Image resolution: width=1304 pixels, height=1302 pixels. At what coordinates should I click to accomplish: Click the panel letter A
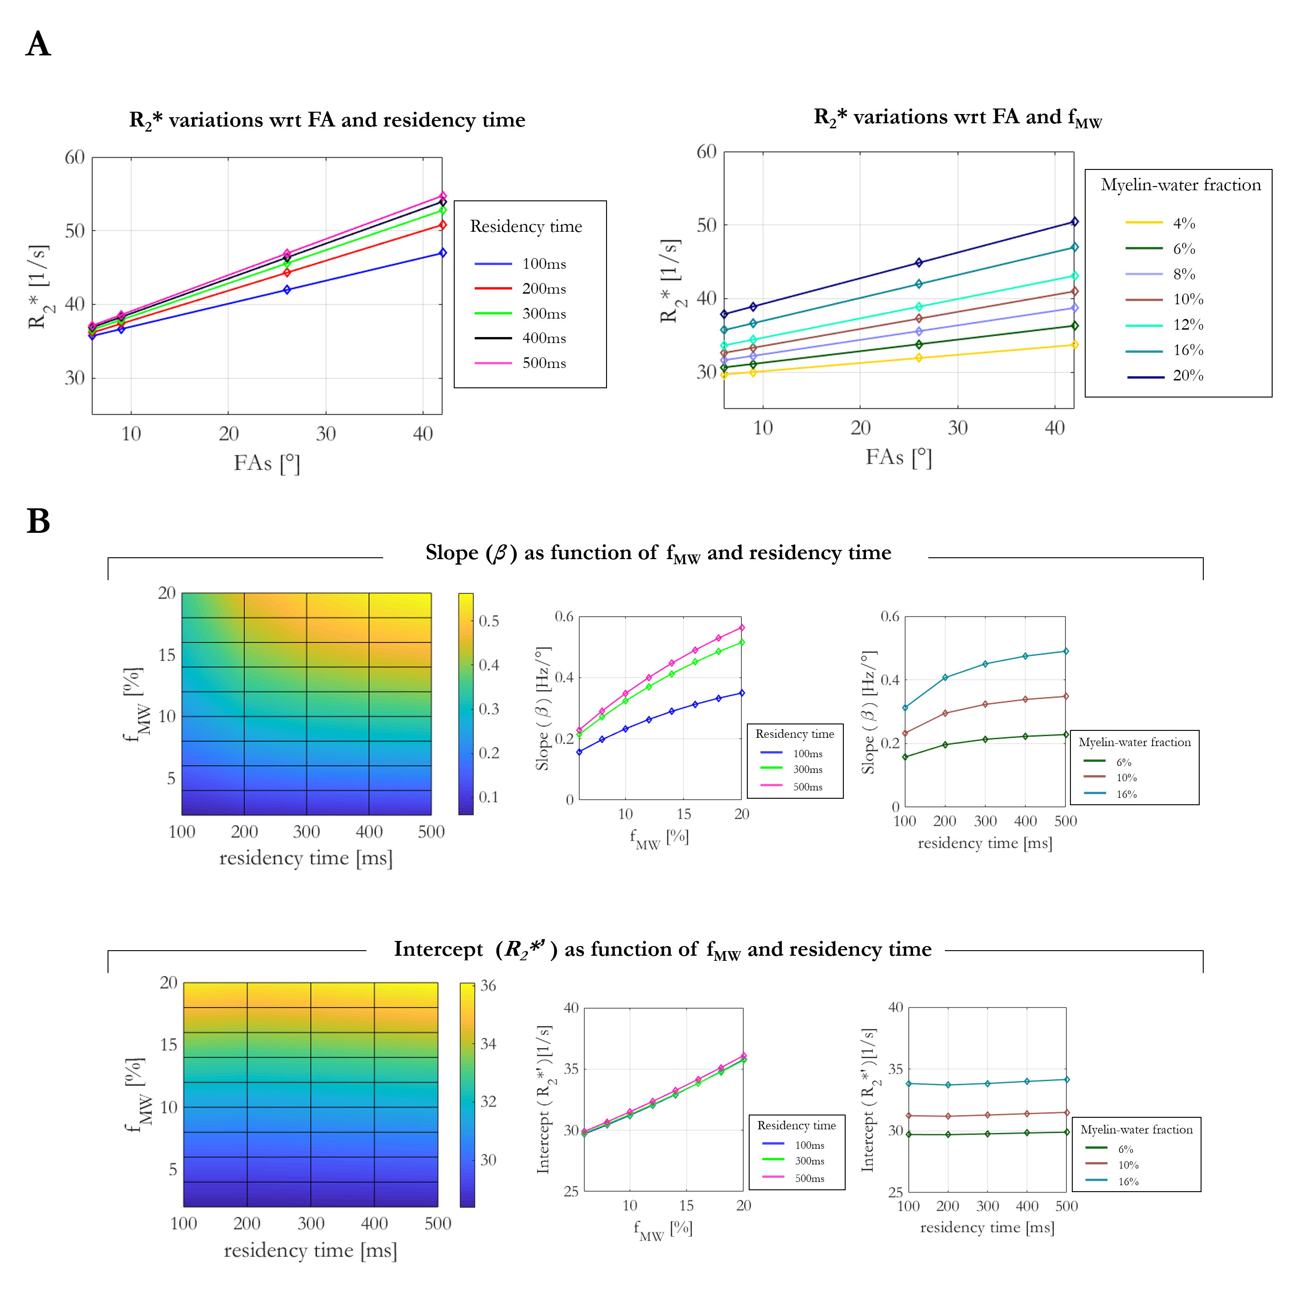(x=38, y=44)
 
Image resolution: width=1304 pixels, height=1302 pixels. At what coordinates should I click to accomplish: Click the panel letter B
(x=38, y=521)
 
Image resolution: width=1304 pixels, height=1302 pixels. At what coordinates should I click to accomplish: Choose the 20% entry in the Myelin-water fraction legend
(x=1187, y=376)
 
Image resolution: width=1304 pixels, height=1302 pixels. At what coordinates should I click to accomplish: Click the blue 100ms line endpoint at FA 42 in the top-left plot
(x=443, y=253)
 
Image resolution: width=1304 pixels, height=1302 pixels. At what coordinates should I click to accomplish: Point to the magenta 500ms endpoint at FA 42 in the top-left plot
(x=443, y=196)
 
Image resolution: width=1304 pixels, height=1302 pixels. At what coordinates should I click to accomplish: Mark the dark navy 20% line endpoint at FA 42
(x=1075, y=222)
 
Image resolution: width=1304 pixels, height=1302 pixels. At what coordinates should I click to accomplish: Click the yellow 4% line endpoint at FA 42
(x=1075, y=345)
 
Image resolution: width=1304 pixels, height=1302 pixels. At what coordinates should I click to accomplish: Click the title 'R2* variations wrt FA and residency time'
(x=327, y=120)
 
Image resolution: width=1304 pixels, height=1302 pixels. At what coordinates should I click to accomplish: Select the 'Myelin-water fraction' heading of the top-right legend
(x=1180, y=185)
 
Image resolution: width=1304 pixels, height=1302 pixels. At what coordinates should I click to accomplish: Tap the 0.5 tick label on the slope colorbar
(x=489, y=621)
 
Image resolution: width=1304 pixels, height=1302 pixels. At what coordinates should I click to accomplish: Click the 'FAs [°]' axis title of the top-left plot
(x=267, y=463)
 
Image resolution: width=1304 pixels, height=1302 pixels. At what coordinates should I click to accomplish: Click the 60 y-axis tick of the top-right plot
(x=706, y=152)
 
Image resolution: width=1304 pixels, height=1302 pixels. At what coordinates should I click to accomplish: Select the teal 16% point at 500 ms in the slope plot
(x=1066, y=651)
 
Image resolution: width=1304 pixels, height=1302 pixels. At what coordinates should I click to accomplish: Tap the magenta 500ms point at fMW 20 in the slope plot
(x=742, y=628)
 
